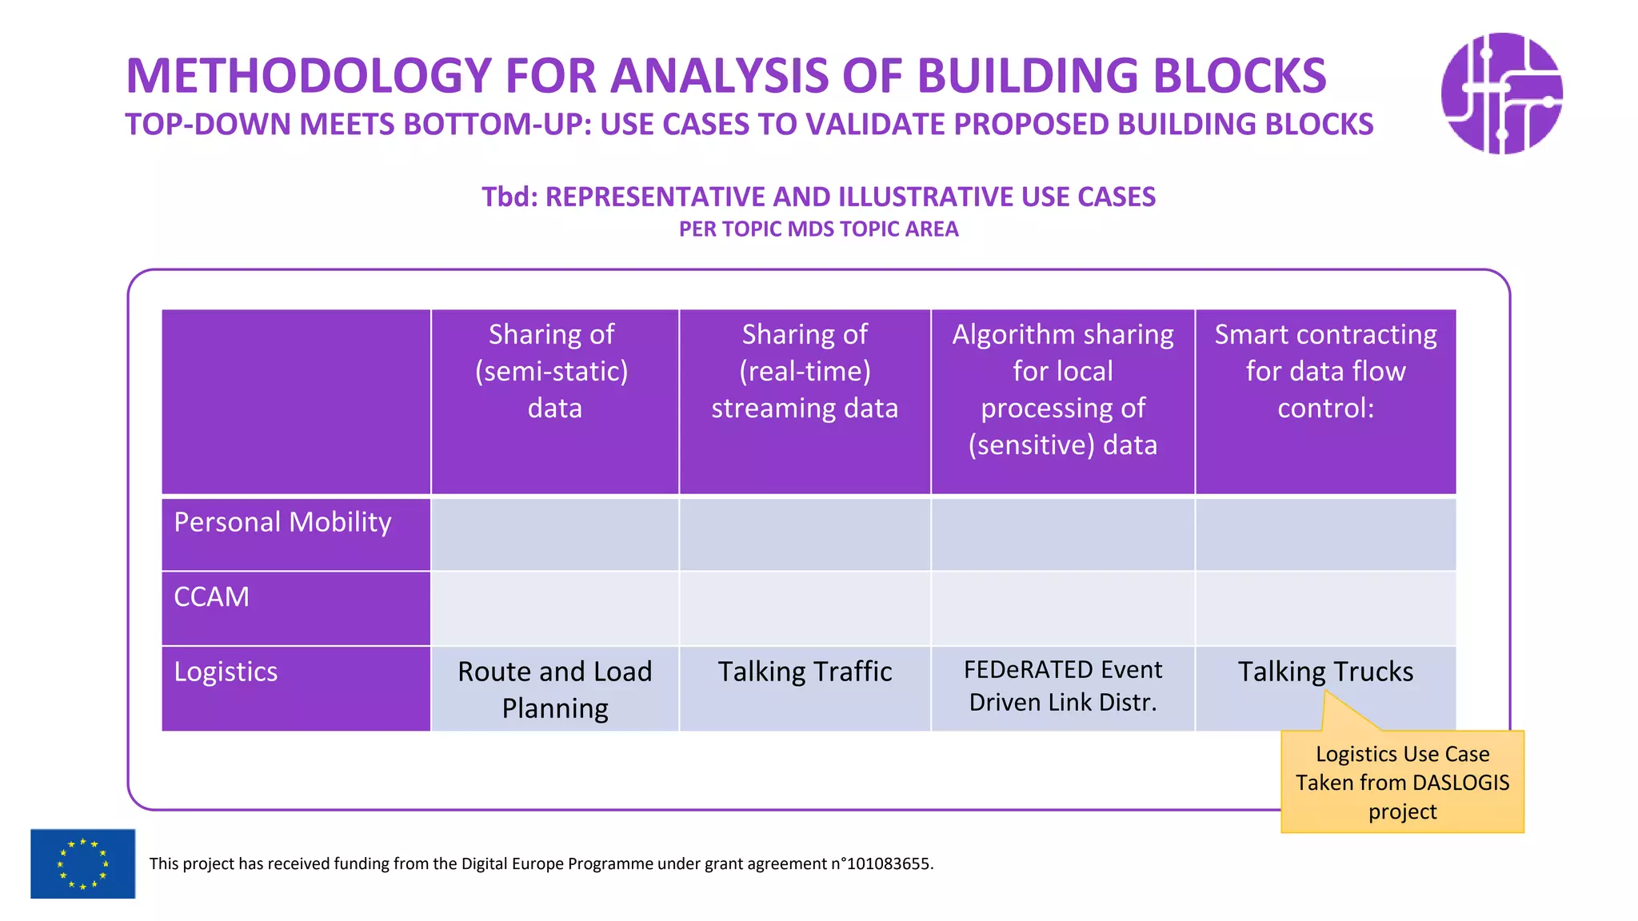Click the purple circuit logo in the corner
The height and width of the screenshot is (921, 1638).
click(1501, 94)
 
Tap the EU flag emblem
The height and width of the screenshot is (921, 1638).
click(82, 863)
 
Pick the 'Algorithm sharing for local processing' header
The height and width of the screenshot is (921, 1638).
click(1062, 389)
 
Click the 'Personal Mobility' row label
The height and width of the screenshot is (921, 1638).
click(282, 522)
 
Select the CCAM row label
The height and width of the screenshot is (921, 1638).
click(212, 597)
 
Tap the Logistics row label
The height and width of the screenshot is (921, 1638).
click(226, 672)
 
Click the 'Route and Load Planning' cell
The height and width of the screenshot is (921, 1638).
click(554, 689)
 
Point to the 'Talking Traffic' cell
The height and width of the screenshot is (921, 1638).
click(805, 672)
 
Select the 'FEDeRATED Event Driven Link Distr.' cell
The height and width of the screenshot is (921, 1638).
click(1062, 686)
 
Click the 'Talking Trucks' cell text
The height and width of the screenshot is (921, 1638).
click(1325, 672)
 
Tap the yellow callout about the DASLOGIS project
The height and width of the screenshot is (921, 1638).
click(1402, 782)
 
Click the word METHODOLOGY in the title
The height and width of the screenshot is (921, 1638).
click(308, 76)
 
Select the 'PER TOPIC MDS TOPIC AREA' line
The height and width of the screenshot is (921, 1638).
click(818, 229)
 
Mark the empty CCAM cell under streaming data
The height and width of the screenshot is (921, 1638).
click(805, 608)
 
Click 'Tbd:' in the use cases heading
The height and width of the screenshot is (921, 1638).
click(509, 197)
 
